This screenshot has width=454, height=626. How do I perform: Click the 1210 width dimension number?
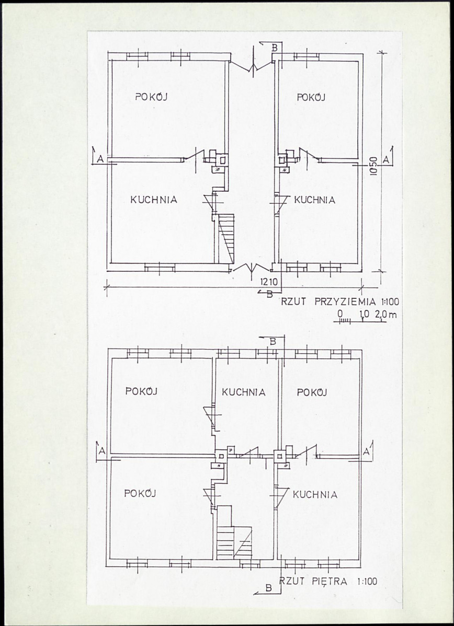click(269, 282)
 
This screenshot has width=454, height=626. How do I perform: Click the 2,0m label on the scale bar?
click(386, 315)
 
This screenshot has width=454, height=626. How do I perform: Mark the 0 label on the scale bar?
click(340, 314)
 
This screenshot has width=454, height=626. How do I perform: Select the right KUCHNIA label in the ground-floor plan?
click(314, 200)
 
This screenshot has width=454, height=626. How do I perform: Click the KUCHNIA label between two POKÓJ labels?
click(244, 392)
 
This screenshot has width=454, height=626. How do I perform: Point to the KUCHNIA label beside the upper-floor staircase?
click(315, 495)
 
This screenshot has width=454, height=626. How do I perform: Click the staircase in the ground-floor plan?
click(226, 239)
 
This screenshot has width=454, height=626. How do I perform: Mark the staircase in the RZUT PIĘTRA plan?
click(234, 532)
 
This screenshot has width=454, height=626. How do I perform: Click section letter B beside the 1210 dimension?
click(269, 294)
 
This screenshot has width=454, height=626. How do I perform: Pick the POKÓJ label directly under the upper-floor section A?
click(140, 493)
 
